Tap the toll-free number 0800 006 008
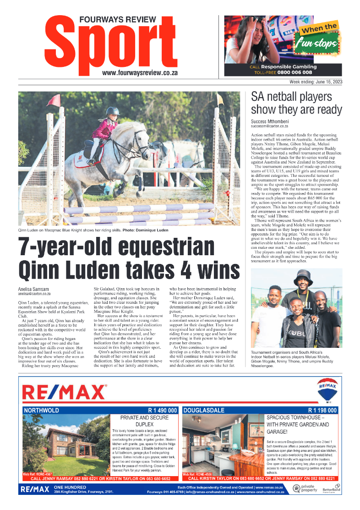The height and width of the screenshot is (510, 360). coord(296,72)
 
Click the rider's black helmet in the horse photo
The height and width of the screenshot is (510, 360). coord(112,111)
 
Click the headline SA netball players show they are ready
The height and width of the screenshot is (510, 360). coord(296,104)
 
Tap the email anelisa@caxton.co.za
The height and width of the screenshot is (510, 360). coord(34,294)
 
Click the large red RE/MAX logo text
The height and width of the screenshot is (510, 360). coord(65,393)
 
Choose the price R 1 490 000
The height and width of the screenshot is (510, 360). coord(162,410)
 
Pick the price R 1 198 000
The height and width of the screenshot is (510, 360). coord(322,410)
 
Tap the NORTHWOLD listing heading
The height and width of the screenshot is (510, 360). coord(41,410)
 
